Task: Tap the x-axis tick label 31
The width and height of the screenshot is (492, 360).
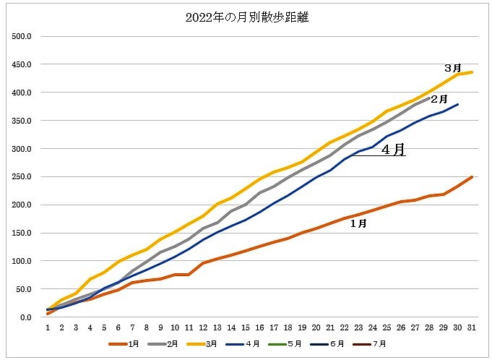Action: point(471,327)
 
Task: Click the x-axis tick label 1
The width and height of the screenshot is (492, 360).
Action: point(48,327)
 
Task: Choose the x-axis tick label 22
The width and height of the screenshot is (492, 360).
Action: point(344,327)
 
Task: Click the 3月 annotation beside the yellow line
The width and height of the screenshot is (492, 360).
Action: point(453,68)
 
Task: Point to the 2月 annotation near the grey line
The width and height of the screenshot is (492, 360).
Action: point(439,98)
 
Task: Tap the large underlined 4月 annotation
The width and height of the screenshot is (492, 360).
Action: point(393,150)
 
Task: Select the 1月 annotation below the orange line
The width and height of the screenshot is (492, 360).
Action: point(358,224)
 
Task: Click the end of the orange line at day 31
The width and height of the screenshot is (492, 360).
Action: point(471,177)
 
